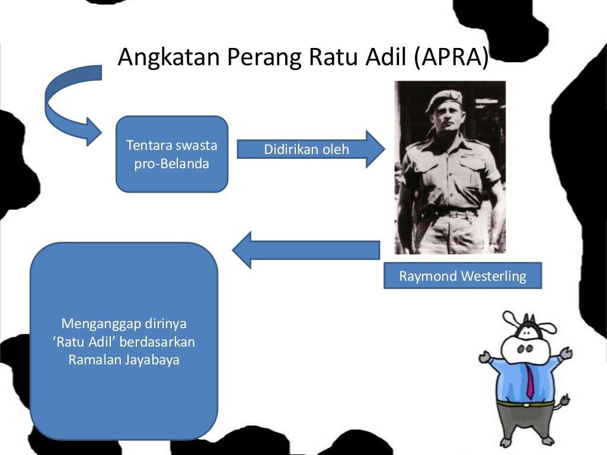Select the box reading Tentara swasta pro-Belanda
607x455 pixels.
pos(171,154)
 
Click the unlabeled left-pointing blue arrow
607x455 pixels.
pos(305,249)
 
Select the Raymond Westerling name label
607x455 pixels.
pos(462,276)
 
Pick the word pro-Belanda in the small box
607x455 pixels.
pos(171,164)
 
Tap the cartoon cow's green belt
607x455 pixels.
pos(525,404)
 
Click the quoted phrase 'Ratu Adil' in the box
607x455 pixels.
pos(79,342)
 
